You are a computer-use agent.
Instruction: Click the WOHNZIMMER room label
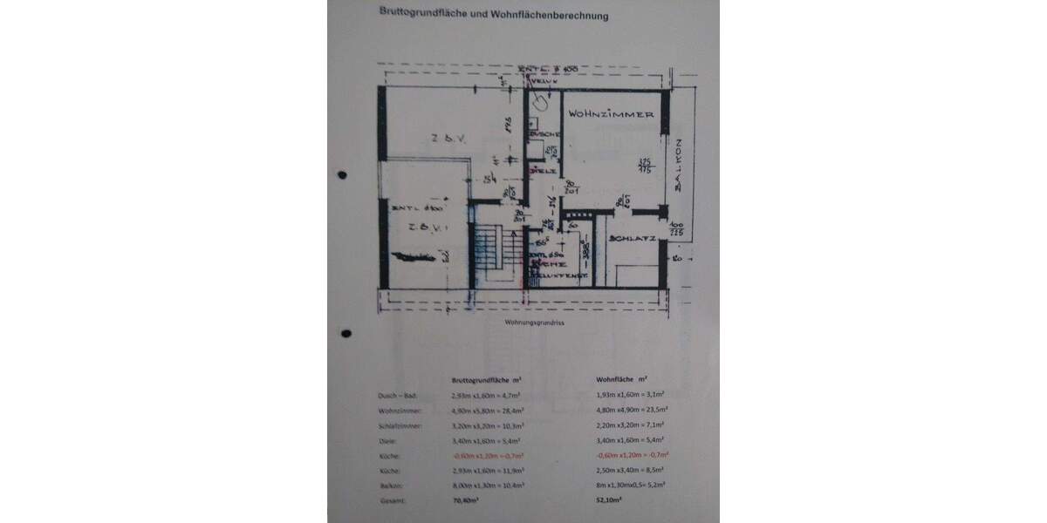(x=611, y=115)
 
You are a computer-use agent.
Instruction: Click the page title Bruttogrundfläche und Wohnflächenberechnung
(x=493, y=15)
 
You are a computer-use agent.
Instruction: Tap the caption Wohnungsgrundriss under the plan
(x=529, y=322)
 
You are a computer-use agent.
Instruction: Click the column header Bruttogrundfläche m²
(x=486, y=381)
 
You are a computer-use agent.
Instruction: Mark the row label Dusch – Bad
(x=391, y=395)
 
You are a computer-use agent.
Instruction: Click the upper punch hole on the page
(x=342, y=175)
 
